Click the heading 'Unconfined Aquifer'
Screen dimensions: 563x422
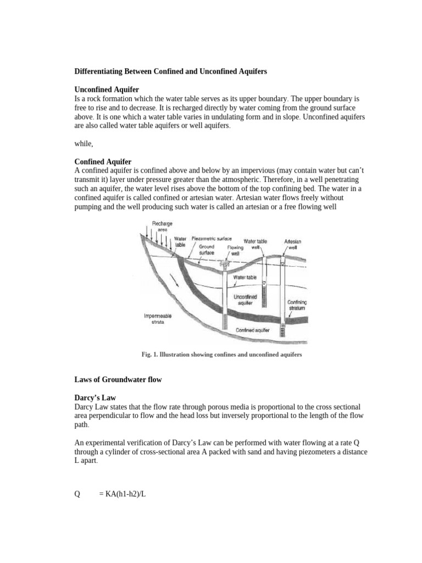coord(107,89)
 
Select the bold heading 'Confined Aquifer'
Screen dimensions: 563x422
coord(103,162)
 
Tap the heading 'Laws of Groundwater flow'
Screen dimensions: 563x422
coord(118,380)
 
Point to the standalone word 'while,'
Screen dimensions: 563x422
coord(84,143)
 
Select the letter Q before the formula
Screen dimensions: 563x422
coord(77,494)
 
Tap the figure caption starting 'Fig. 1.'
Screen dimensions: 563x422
coord(221,355)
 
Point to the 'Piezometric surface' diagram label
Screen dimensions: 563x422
coord(212,239)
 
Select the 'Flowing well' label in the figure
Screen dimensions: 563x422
coord(235,251)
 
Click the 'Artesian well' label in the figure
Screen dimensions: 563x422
coord(292,245)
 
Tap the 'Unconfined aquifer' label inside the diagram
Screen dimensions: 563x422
coord(246,300)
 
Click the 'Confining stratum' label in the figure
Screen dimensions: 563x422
coord(297,305)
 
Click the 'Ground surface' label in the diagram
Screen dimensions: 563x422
coord(207,250)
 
